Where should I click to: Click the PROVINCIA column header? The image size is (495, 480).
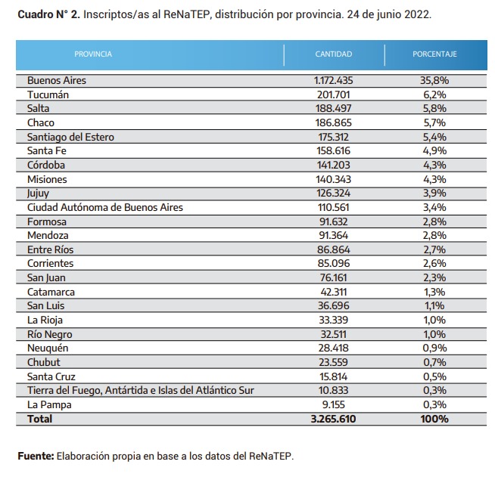(93, 54)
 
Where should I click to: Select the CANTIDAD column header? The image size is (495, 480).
(333, 54)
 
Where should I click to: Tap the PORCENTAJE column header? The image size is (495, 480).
(434, 54)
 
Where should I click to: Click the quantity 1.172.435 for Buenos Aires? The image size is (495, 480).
(333, 80)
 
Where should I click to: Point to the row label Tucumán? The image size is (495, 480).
(48, 94)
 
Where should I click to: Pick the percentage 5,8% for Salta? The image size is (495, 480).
(434, 109)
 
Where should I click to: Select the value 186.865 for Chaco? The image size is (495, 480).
(333, 122)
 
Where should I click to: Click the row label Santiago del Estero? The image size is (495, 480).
(70, 137)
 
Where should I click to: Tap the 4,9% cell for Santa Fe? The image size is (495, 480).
(434, 150)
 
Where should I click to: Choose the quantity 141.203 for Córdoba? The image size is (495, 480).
(333, 165)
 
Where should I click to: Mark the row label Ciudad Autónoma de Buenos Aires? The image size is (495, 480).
(105, 208)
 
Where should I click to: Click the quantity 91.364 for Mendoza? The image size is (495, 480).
(333, 235)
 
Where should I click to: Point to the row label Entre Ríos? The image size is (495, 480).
(50, 249)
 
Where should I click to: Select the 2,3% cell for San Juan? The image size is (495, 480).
(434, 277)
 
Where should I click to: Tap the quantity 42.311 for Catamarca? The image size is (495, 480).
(333, 292)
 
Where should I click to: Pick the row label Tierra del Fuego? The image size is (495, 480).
(141, 391)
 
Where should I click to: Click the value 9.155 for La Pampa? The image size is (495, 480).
(333, 404)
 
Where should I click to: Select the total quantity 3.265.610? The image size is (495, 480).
(333, 419)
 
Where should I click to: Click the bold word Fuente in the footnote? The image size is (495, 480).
(36, 456)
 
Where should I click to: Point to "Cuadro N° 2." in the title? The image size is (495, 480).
(49, 14)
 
